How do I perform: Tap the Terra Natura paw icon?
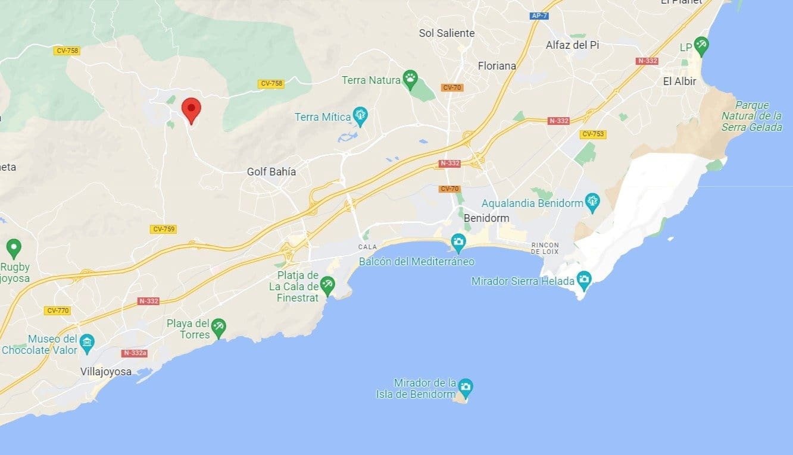tap(410, 78)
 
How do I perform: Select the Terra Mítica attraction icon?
tap(360, 115)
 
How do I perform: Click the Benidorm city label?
tap(486, 218)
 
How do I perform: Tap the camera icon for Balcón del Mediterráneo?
tap(458, 242)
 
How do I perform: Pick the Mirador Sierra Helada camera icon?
tap(584, 279)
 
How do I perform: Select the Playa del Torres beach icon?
tap(219, 327)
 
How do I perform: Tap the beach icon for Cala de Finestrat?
tap(327, 284)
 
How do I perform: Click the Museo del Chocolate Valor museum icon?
tap(88, 343)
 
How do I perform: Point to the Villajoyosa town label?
tap(105, 372)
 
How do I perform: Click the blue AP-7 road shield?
tap(539, 16)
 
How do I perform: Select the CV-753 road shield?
tap(593, 134)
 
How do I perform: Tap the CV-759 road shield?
tap(164, 229)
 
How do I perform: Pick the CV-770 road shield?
tap(57, 310)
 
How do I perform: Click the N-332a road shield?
tap(134, 353)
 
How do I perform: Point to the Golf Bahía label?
tap(271, 172)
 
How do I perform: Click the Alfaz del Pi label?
tap(572, 45)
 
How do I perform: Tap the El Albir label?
tap(679, 81)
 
